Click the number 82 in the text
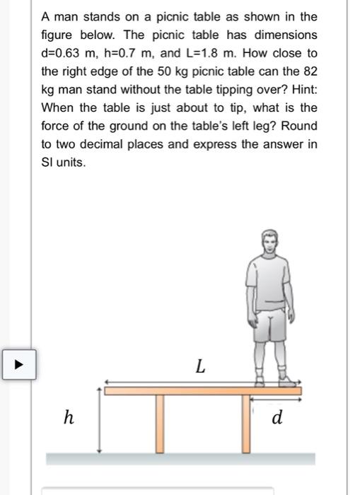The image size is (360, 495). point(310,71)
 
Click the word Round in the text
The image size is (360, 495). point(300,127)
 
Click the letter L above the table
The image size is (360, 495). point(201,367)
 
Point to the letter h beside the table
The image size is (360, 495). point(68,418)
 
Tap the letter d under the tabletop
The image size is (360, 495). point(277,418)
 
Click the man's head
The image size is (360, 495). point(269,244)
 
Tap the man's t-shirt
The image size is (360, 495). point(269,283)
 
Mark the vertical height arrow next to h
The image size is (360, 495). point(100,420)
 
